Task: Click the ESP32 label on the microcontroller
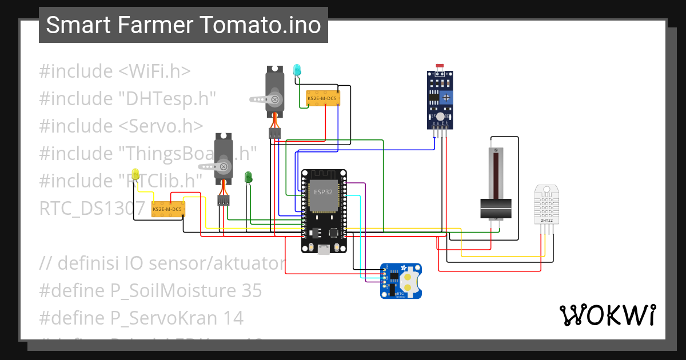(x=323, y=192)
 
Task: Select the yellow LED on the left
(x=135, y=174)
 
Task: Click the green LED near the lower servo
(x=248, y=177)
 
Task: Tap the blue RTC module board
(x=401, y=281)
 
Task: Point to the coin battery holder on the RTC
(x=410, y=279)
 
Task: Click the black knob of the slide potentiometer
(x=495, y=208)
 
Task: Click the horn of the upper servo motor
(x=268, y=99)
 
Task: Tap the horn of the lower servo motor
(x=216, y=167)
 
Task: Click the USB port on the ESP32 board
(x=324, y=249)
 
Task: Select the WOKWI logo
(x=607, y=315)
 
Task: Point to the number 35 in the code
(x=249, y=291)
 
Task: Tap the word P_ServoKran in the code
(x=177, y=318)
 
